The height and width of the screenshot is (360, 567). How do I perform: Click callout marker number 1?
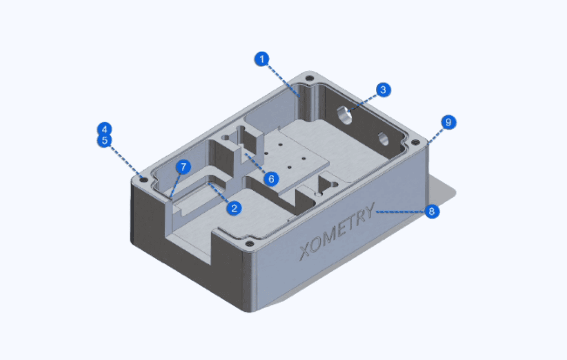[262, 59]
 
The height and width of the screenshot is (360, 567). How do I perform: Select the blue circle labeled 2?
[234, 208]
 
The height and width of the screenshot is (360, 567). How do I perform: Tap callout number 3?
[384, 90]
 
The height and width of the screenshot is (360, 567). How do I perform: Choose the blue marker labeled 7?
[183, 167]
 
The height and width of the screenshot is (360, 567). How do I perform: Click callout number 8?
[432, 211]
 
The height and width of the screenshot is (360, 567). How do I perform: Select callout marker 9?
[449, 122]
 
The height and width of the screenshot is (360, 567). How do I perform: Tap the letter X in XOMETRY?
[306, 251]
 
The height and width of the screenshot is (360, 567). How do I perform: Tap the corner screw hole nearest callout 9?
[414, 143]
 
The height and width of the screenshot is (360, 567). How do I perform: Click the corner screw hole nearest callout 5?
[144, 179]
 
